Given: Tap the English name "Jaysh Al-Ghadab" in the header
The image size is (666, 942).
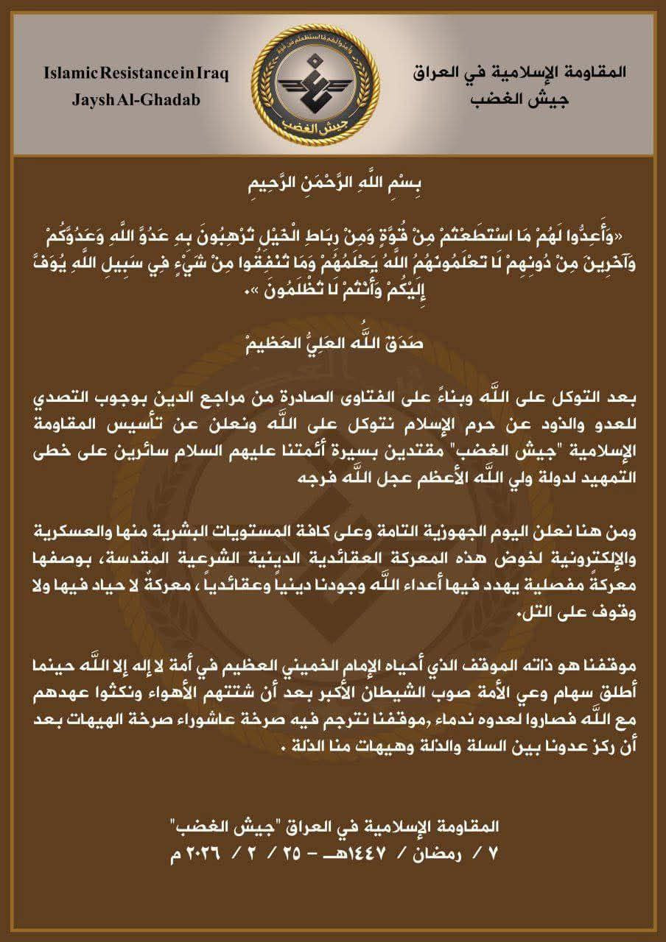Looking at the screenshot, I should (136, 99).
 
